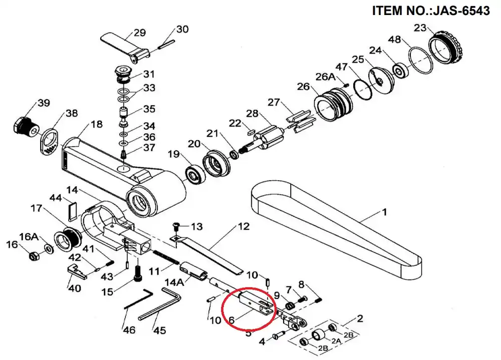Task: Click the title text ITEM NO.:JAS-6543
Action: tap(431, 11)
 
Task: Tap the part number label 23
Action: tap(420, 28)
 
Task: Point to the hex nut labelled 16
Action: tap(34, 256)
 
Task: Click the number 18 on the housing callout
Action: tap(97, 124)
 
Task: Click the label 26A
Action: tap(326, 77)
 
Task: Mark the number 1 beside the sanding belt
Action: tap(385, 212)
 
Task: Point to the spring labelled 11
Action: tap(166, 257)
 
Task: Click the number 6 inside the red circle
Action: tap(232, 320)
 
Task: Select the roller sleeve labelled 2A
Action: tap(318, 335)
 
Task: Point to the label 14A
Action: tap(174, 282)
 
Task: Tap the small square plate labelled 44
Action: tap(73, 211)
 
